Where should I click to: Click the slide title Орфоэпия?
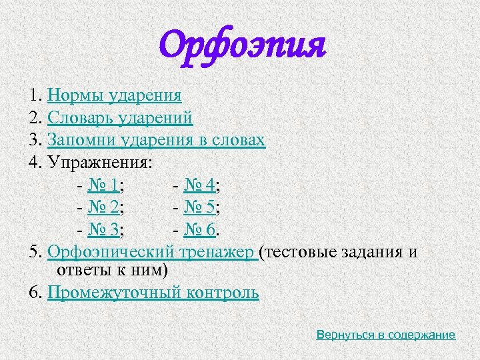(x=243, y=46)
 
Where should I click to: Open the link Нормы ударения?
(x=115, y=96)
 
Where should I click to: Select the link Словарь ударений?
(x=120, y=118)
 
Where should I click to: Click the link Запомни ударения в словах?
(x=156, y=140)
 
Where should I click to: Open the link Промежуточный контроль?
(x=153, y=293)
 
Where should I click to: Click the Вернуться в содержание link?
(x=386, y=335)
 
